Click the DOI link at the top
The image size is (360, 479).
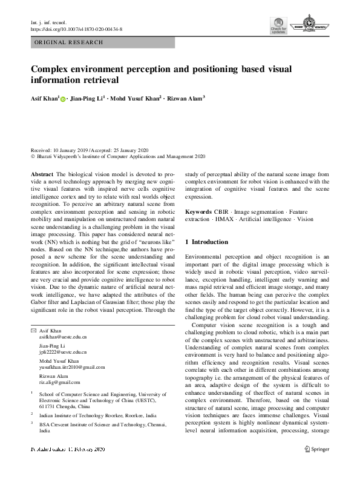[x=76, y=28]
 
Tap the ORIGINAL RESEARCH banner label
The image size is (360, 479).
[x=69, y=42]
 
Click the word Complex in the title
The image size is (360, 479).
[x=51, y=69]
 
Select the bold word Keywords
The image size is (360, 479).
[x=198, y=212]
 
